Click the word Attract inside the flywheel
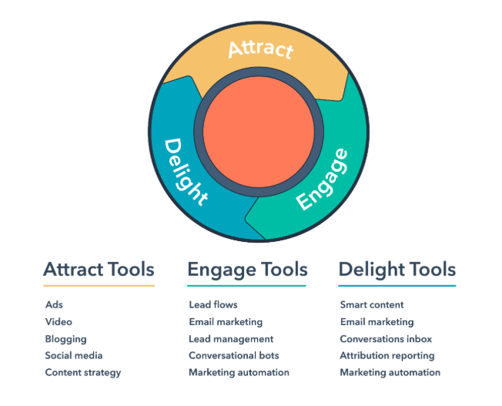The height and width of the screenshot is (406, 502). click(260, 49)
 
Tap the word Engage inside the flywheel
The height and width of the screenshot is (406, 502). click(322, 180)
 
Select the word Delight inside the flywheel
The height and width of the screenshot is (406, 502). click(186, 172)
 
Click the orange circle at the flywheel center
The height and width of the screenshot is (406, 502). click(259, 132)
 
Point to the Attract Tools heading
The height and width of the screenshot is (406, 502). click(99, 269)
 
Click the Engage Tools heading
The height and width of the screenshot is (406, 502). click(247, 270)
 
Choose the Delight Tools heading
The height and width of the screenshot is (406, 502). click(397, 270)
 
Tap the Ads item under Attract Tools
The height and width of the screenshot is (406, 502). click(54, 304)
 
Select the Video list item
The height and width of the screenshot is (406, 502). click(59, 321)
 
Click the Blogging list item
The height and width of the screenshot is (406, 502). click(66, 339)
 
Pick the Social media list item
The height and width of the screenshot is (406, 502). click(74, 355)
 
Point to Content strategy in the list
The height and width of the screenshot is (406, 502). click(83, 373)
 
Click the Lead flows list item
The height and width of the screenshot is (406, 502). click(213, 304)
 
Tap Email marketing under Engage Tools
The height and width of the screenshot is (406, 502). click(226, 322)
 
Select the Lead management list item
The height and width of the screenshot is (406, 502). click(231, 339)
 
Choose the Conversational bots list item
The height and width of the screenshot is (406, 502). click(234, 355)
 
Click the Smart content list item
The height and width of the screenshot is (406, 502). click(372, 304)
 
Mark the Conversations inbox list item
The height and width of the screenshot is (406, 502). click(386, 339)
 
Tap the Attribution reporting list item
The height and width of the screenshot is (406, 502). click(387, 356)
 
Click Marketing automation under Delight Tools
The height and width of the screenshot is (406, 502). click(390, 372)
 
